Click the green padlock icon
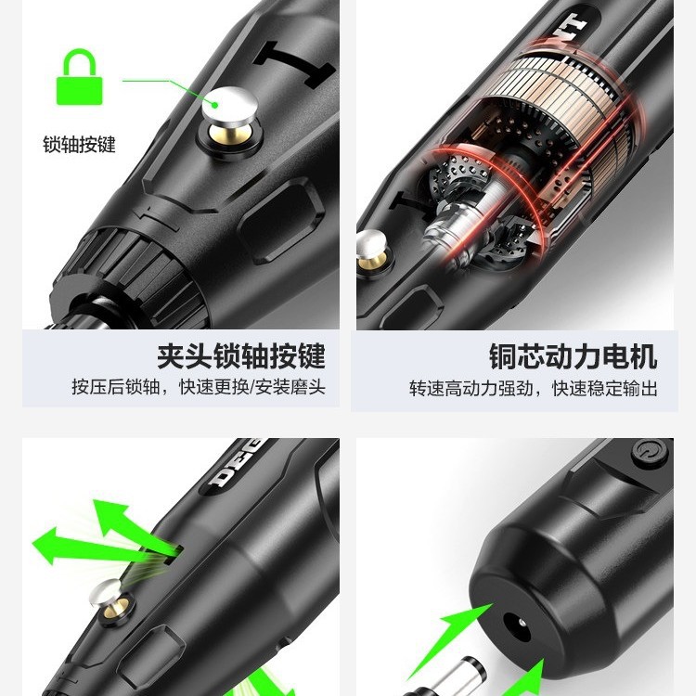(80, 77)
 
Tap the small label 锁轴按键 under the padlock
(79, 145)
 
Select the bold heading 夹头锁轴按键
(241, 356)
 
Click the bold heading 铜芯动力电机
(574, 356)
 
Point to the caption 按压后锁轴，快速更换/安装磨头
(199, 387)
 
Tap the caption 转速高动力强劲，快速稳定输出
(533, 389)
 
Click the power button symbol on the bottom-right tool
(649, 452)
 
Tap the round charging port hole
(517, 625)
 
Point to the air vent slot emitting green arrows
(174, 555)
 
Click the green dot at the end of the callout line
(215, 105)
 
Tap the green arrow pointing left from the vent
(89, 545)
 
